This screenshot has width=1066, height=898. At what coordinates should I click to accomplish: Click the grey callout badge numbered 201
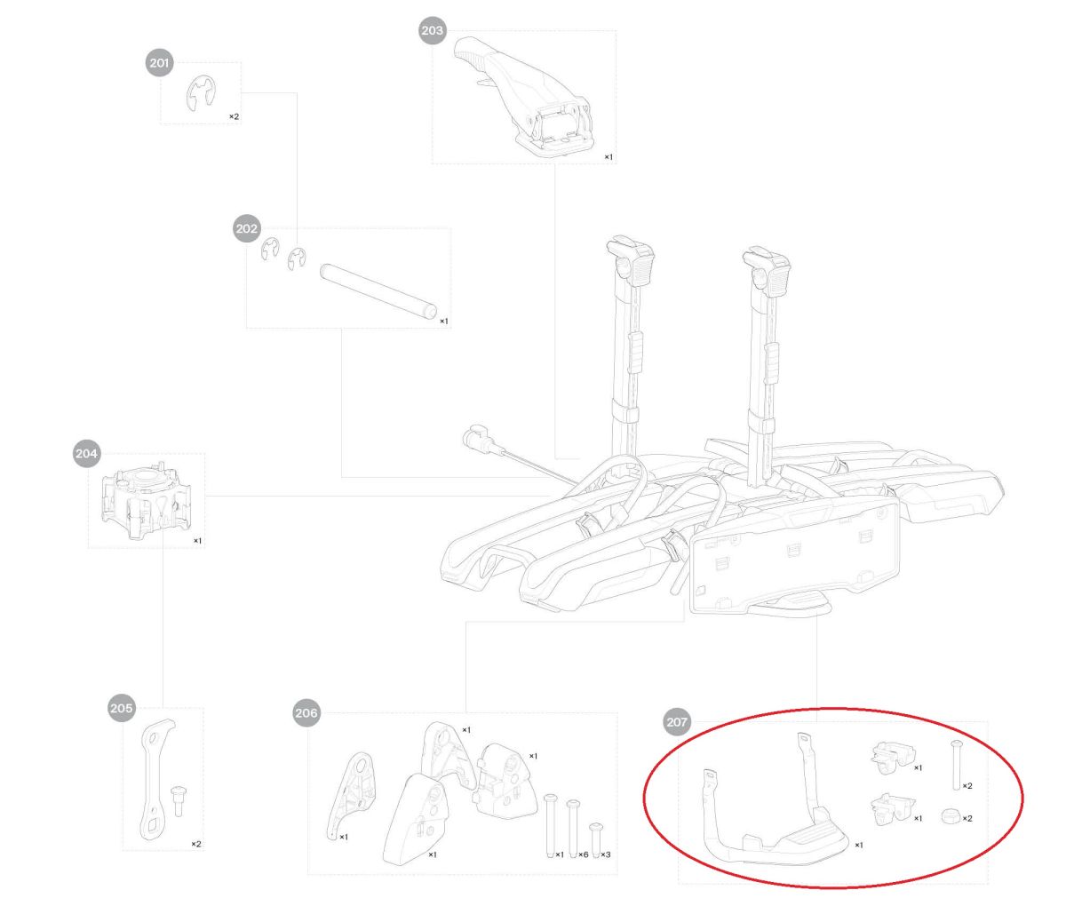click(159, 63)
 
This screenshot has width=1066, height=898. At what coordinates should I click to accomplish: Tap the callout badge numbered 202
click(247, 228)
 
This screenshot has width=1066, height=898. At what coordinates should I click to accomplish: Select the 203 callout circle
click(432, 30)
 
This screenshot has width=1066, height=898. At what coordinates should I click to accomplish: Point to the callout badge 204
click(86, 453)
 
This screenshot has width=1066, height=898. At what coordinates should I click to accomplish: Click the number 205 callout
click(122, 708)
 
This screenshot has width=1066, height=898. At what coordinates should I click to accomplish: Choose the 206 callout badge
click(306, 713)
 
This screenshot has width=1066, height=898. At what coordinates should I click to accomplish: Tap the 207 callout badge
click(677, 722)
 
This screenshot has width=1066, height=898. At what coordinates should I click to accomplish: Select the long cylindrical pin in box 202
click(378, 291)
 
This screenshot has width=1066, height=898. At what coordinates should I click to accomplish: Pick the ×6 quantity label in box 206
click(583, 854)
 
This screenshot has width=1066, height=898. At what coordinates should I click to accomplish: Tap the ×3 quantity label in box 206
click(605, 854)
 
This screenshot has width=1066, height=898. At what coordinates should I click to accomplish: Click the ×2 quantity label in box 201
click(234, 117)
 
